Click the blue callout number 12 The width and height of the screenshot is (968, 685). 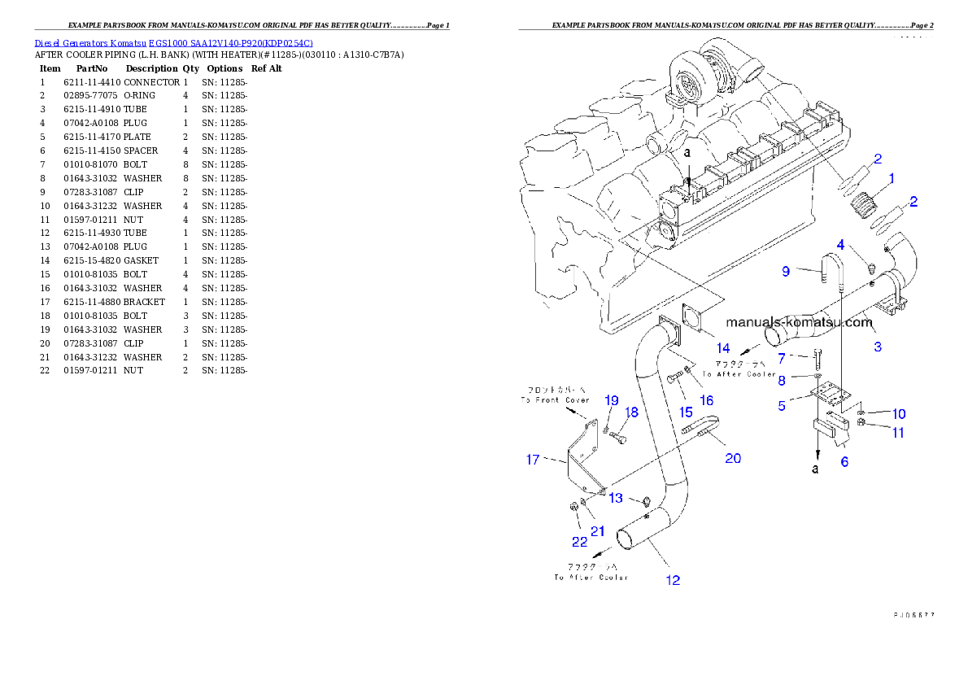click(673, 580)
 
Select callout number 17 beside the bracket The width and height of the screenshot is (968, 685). click(533, 460)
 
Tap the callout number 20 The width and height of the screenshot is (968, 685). click(732, 458)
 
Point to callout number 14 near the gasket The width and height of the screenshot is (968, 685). click(722, 348)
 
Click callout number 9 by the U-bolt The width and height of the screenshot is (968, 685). click(786, 272)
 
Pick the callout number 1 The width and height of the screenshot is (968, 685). click(892, 177)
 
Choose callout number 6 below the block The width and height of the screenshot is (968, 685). click(844, 461)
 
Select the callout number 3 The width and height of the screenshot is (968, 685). click(877, 347)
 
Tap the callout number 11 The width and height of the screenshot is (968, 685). click(898, 433)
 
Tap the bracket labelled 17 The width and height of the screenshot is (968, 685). click(584, 460)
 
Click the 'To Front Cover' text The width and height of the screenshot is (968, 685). click(555, 400)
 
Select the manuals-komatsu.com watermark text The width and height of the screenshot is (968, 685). click(799, 322)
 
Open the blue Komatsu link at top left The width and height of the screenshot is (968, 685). click(173, 42)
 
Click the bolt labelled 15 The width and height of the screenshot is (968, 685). click(675, 378)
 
